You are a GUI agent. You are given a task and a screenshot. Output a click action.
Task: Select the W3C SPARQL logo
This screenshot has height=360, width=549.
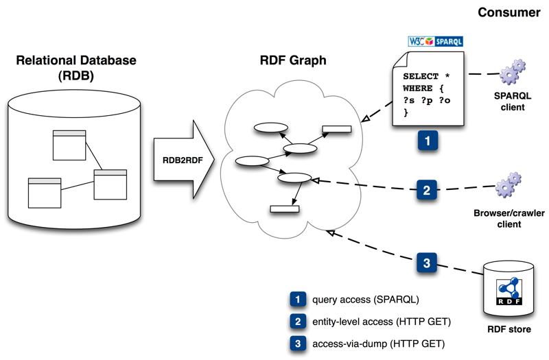coord(435,41)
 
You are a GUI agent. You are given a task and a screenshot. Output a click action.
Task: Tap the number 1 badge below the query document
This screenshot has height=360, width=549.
coord(428,141)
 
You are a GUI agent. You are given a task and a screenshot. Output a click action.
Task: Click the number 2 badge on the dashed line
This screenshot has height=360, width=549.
coord(426,189)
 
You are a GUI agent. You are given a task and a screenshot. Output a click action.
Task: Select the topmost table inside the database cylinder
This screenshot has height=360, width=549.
coord(69,145)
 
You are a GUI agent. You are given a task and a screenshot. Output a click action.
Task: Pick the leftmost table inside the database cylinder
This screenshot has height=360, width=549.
coord(44,193)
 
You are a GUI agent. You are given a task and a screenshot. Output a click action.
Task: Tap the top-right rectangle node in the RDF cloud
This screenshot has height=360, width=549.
coord(336,128)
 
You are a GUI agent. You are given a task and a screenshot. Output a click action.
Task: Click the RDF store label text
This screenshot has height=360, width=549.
coord(508,330)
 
